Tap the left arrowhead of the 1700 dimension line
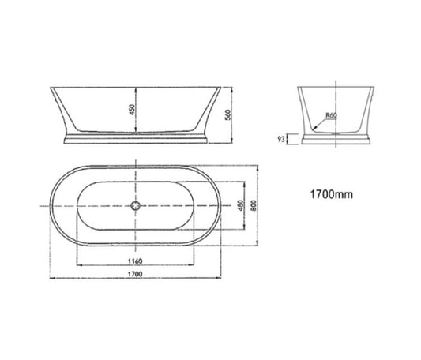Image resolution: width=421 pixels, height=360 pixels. pyautogui.click(x=50, y=278)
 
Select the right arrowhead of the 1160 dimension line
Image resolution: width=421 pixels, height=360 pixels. pyautogui.click(x=195, y=264)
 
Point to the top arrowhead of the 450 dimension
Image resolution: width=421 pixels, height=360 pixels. pyautogui.click(x=140, y=84)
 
